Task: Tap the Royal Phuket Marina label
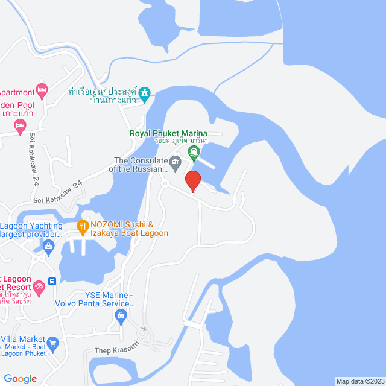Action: pos(168,134)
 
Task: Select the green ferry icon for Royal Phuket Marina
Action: pos(193,154)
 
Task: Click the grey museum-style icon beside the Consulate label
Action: pos(176,162)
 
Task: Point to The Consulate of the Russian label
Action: pos(139,165)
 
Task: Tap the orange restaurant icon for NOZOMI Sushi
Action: pos(83,228)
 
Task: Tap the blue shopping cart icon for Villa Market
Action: pos(52,343)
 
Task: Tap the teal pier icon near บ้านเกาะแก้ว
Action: pos(144,93)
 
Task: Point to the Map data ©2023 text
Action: pos(359,381)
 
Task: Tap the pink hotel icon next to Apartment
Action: pos(42,92)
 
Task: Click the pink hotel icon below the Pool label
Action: pos(20,126)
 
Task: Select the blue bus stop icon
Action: pos(52,282)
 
